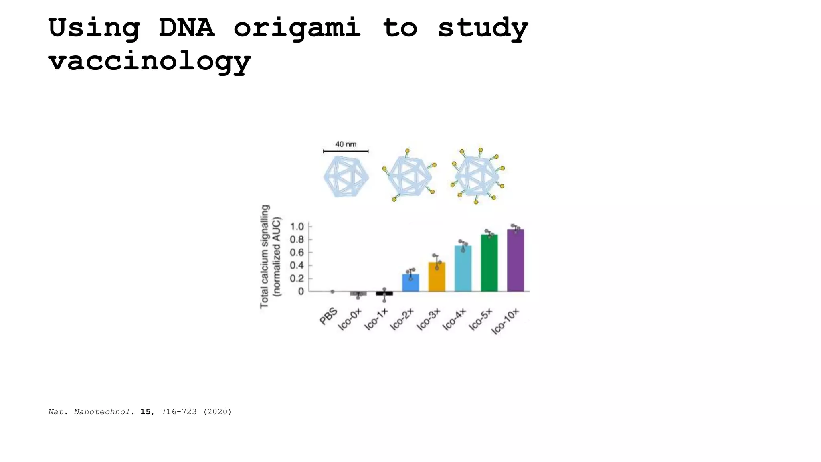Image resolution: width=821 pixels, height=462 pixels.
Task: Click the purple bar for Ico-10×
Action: tap(515, 261)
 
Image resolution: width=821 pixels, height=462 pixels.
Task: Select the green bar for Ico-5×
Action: tap(489, 263)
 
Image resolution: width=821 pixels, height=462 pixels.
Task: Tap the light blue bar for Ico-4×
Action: tap(463, 269)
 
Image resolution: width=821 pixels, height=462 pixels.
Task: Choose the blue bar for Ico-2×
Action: tap(410, 283)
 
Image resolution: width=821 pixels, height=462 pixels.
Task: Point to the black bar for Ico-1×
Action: tap(384, 294)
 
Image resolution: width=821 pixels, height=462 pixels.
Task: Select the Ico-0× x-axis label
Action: tap(350, 320)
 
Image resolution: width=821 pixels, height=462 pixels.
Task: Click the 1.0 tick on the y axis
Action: tap(297, 227)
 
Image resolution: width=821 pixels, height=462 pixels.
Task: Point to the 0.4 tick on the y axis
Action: tap(297, 265)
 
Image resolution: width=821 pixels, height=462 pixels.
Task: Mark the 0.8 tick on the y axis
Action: tap(297, 240)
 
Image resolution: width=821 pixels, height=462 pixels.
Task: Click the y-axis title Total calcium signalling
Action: tap(265, 257)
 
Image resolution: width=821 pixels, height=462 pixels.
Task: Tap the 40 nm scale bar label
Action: tap(346, 144)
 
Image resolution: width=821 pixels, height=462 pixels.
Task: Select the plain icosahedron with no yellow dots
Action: tap(346, 176)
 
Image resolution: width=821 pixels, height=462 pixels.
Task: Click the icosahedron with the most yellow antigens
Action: tap(477, 176)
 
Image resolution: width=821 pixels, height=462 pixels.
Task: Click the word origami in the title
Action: tap(297, 28)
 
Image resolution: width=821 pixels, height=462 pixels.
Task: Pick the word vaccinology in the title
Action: tap(150, 61)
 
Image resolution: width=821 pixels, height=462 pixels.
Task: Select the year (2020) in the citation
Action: tap(217, 412)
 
